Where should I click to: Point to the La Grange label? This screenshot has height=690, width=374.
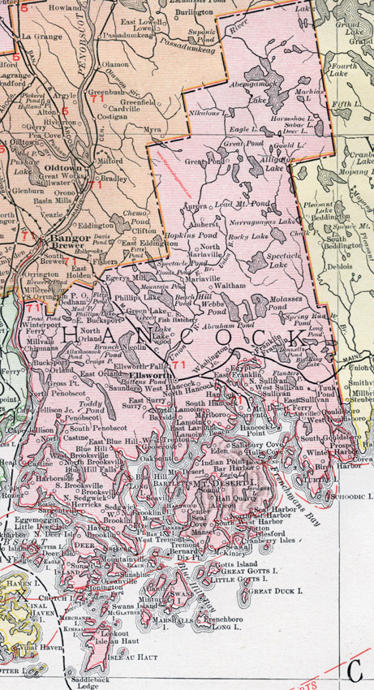coord(37,37)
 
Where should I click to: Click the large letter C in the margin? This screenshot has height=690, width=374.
coord(353,648)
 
